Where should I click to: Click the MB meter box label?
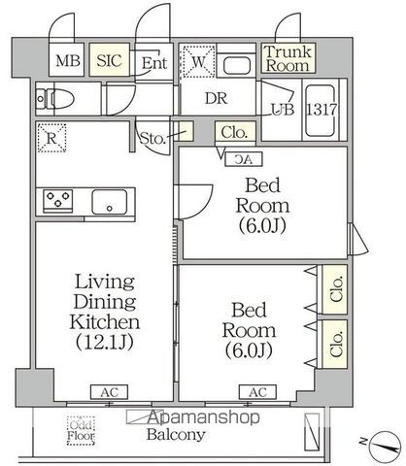68,60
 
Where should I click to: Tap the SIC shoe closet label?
109,60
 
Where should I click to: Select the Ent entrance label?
154,62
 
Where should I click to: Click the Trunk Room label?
288,58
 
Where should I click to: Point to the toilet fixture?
55,98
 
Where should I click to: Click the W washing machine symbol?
198,61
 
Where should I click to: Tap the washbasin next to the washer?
237,65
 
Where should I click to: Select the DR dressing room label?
216,98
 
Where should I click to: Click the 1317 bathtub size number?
321,110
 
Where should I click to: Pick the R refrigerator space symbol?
51,138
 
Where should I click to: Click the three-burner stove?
58,201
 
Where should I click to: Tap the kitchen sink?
110,202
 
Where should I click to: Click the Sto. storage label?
152,139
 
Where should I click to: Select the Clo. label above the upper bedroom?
234,132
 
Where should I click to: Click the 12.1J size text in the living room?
105,342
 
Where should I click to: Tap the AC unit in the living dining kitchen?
109,392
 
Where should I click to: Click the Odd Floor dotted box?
81,430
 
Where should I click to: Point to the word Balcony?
176,435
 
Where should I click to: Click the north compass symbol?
386,447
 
